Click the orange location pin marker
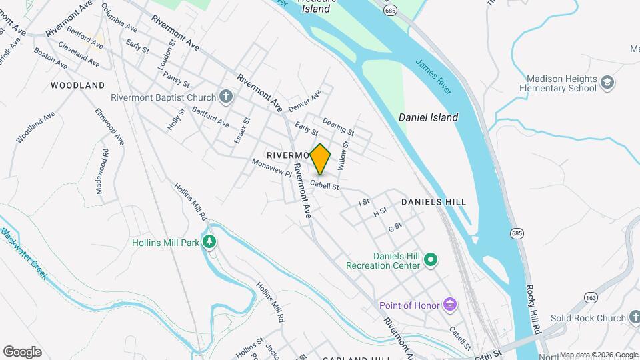pyautogui.click(x=320, y=159)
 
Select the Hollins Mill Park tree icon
pyautogui.click(x=210, y=242)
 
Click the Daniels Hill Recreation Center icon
pyautogui.click(x=430, y=259)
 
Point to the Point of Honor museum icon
pyautogui.click(x=450, y=305)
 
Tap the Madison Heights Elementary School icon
pyautogui.click(x=607, y=83)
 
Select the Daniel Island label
pyautogui.click(x=428, y=117)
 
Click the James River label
pyautogui.click(x=433, y=77)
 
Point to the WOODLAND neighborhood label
pyautogui.click(x=78, y=85)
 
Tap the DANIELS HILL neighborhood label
pyautogui.click(x=433, y=201)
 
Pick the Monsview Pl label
pyautogui.click(x=272, y=167)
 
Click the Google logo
pyautogui.click(x=22, y=351)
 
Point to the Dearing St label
pyautogui.click(x=337, y=125)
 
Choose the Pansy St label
pyautogui.click(x=177, y=79)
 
